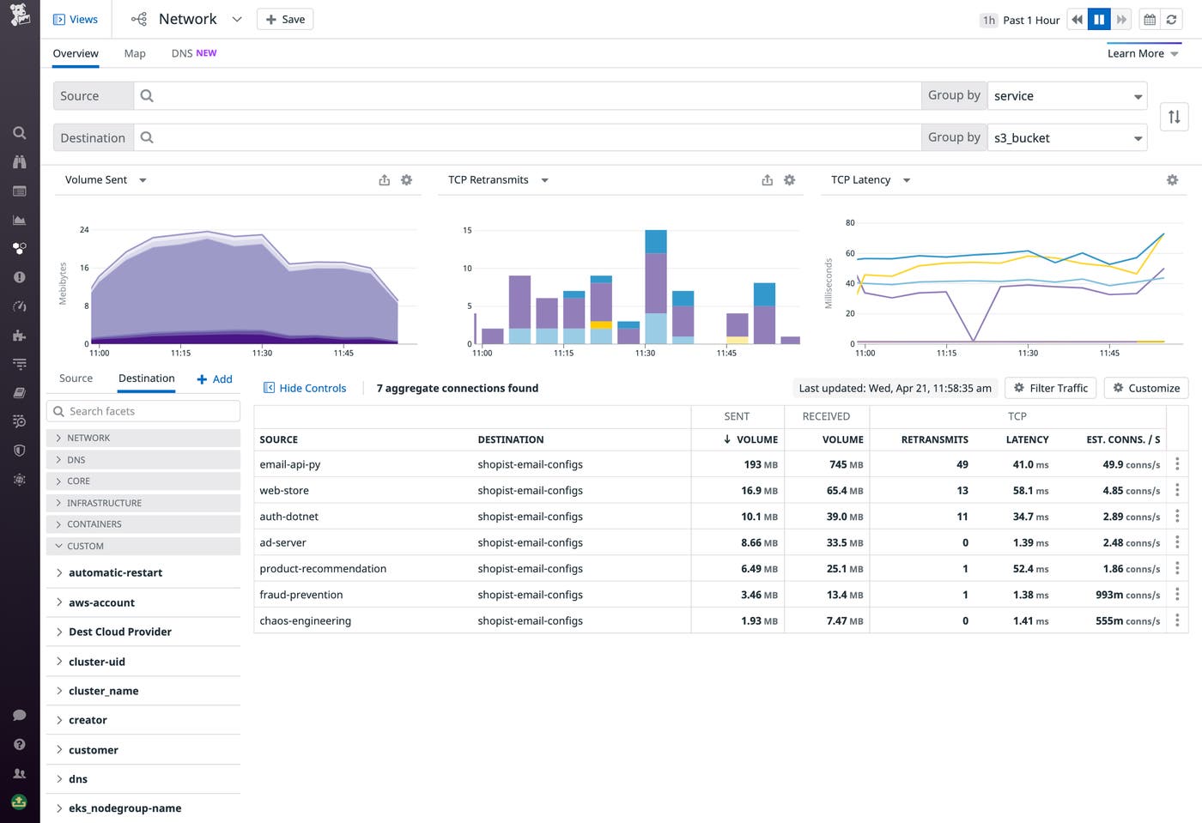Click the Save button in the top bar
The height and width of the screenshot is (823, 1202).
coord(285,19)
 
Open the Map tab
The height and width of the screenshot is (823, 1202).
coord(135,53)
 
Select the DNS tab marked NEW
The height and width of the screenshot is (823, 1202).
coord(193,53)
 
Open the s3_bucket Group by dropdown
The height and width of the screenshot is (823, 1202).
coord(1067,137)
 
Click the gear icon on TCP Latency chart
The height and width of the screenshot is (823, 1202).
coord(1172,180)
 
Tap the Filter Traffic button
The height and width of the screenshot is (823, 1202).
coord(1050,388)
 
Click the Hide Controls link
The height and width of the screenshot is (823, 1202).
coord(305,388)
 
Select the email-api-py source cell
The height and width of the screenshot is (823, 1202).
coord(290,464)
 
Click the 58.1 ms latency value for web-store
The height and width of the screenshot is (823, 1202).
coord(1030,491)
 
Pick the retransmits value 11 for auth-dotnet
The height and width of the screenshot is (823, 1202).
coord(962,517)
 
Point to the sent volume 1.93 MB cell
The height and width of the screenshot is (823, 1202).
coord(759,620)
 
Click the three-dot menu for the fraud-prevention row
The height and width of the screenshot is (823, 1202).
coord(1177,595)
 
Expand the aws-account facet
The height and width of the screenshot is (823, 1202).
coord(101,602)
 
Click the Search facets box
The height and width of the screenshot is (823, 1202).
coord(143,411)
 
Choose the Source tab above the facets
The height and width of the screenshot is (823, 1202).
coord(76,378)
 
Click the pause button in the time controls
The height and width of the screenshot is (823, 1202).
coord(1099,20)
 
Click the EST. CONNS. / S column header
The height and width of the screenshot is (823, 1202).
coord(1122,439)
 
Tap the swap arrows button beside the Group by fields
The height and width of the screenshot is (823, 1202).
coord(1174,117)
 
